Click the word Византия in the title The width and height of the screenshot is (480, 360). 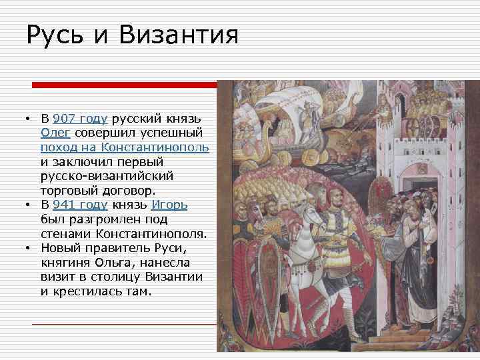179,35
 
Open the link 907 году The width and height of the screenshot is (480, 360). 79,119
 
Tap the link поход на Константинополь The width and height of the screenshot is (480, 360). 124,147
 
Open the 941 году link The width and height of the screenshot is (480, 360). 80,205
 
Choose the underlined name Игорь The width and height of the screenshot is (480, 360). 169,205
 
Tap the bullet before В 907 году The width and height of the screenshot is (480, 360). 28,119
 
